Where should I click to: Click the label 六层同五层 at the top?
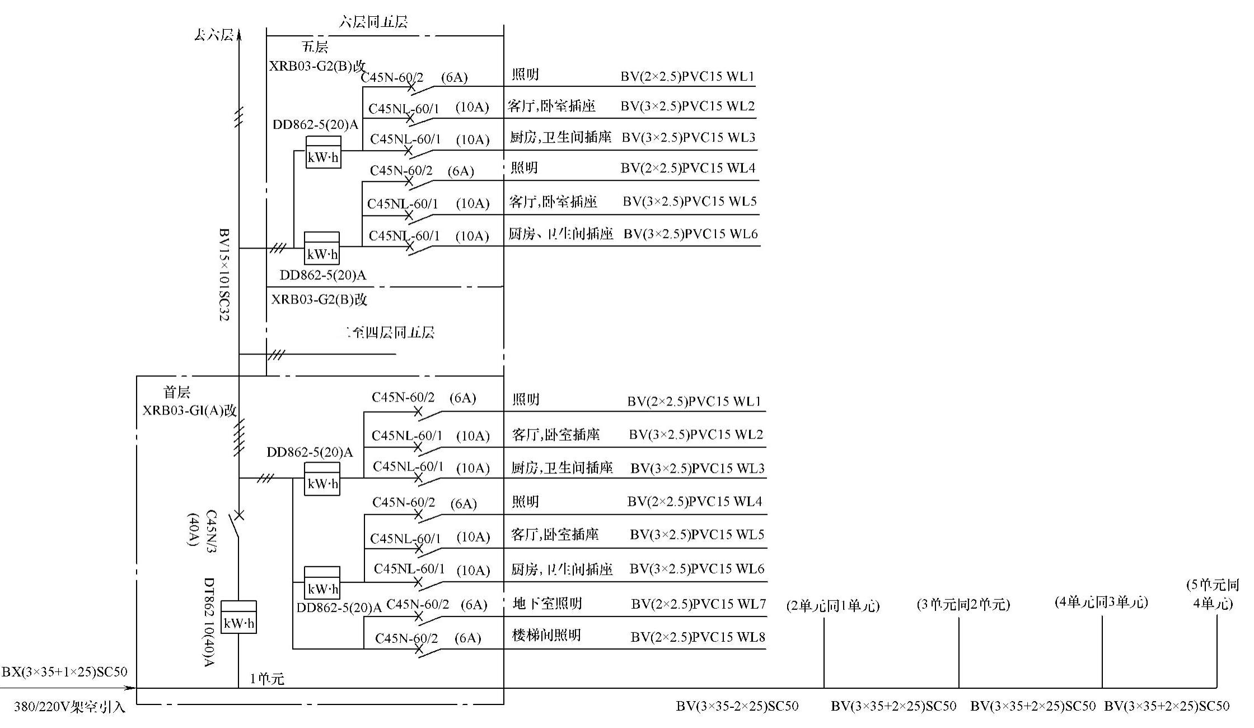point(373,22)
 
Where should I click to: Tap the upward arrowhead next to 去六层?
point(239,35)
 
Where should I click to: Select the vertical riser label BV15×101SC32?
point(224,274)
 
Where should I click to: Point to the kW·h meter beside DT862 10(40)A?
point(238,617)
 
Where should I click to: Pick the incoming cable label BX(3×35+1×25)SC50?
point(64,671)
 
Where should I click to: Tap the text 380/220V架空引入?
point(69,707)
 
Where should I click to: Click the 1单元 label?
point(267,679)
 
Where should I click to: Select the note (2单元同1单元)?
point(833,605)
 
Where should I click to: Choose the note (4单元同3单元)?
point(1101,602)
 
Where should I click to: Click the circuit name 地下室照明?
point(547,603)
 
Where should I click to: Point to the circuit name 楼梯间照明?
point(546,635)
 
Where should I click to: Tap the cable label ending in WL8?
point(698,637)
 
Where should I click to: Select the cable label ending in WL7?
point(698,604)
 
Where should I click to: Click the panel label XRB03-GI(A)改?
point(190,410)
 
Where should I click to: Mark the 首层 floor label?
point(177,392)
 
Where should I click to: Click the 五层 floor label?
point(315,46)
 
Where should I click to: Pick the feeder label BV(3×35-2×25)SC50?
point(737,706)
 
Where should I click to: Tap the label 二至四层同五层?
point(390,333)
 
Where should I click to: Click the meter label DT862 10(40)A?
point(209,622)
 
